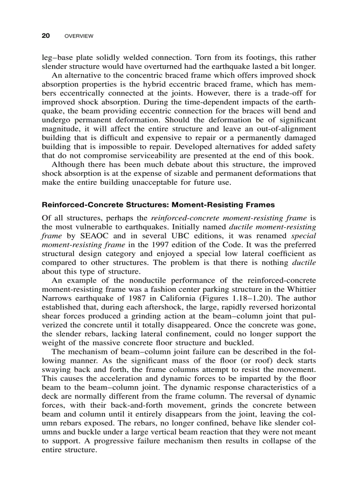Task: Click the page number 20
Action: pyautogui.click(x=45, y=36)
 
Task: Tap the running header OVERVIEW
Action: pyautogui.click(x=79, y=36)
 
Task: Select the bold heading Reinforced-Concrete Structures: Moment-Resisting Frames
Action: pyautogui.click(x=158, y=205)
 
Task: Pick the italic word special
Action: pyautogui.click(x=304, y=235)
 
